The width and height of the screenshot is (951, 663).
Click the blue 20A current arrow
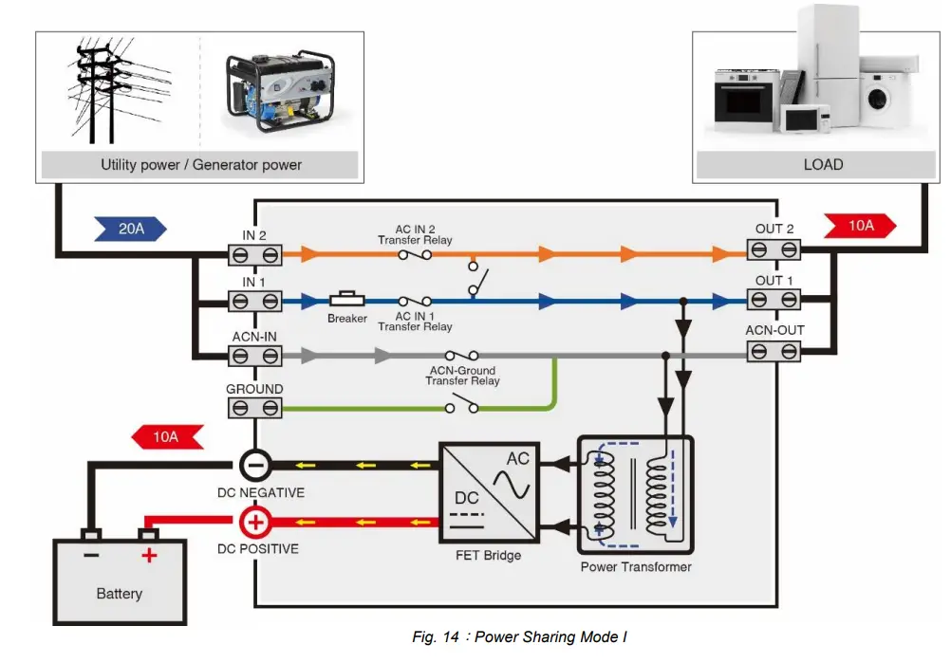coord(130,228)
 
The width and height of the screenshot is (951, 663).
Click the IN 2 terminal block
coord(255,254)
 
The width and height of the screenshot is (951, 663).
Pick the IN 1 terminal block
coord(255,302)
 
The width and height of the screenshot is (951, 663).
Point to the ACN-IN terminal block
coord(255,356)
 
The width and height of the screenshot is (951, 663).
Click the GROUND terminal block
coord(255,408)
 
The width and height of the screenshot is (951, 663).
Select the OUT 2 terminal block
coord(773,249)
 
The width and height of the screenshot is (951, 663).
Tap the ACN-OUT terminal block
coord(773,351)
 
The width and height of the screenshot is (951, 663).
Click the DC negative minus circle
coord(255,465)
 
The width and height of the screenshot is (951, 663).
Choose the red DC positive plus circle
coord(255,522)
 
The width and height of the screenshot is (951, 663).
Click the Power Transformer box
coord(636,494)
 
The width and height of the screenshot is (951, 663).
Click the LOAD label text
coord(823,164)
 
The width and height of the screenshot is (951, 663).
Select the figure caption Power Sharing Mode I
coord(519,637)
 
